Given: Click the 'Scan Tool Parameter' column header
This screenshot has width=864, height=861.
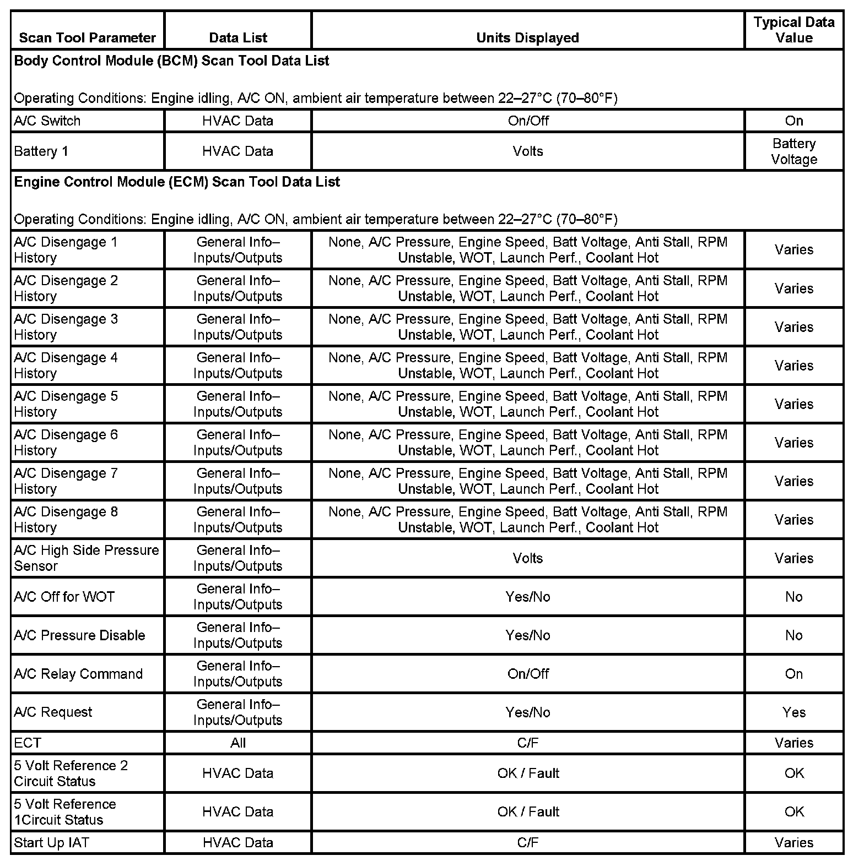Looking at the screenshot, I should (x=87, y=37).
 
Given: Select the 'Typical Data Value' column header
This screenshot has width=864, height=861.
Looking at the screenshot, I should (x=793, y=30).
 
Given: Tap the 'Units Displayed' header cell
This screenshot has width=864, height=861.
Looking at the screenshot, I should (x=527, y=37).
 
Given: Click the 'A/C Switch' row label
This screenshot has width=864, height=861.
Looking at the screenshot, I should (x=47, y=121).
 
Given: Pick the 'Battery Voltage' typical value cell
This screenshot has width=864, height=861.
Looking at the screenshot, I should (x=793, y=151).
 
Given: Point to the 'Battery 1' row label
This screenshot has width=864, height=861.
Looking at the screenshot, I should (x=41, y=151).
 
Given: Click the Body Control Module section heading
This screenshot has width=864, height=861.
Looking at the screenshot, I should (x=171, y=61).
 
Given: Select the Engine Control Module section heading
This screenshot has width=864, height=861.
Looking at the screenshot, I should (x=177, y=182).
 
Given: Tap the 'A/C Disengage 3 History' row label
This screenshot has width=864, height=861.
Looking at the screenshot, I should (x=66, y=327).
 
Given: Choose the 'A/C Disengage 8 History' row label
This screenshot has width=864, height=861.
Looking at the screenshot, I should (x=66, y=520).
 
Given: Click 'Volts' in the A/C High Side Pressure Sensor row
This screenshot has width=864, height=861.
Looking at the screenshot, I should (x=527, y=558).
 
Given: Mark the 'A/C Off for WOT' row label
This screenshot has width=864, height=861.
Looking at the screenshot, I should (x=64, y=597).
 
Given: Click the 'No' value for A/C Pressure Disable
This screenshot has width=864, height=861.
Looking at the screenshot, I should (x=793, y=635).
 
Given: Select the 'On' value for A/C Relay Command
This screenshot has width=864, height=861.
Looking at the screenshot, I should (x=793, y=674).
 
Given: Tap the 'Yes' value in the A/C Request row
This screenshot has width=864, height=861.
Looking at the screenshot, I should (x=793, y=712).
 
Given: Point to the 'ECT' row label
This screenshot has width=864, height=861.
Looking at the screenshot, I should (x=28, y=743).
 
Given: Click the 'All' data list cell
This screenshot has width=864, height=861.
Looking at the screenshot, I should (x=237, y=743).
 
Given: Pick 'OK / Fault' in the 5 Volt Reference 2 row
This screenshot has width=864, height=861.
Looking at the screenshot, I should (x=527, y=773).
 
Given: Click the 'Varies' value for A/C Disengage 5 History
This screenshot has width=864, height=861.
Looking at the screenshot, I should (x=793, y=404).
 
